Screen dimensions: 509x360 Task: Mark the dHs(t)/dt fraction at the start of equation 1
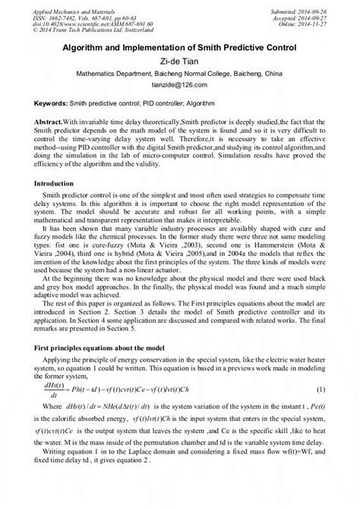[52, 431]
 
